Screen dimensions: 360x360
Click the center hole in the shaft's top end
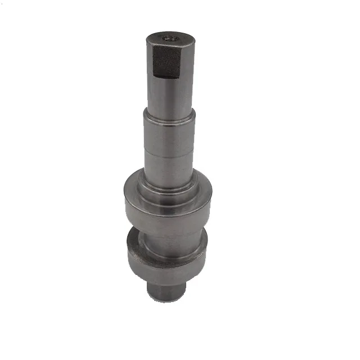tap(170, 39)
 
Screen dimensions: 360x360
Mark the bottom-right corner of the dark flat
tap(180, 76)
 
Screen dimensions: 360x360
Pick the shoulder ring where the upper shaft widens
tap(169, 115)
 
